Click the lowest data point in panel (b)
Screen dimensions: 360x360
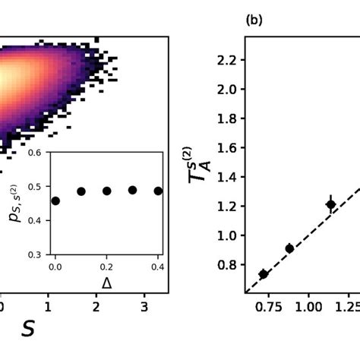tap(263, 274)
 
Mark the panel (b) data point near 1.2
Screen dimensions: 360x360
tap(330, 204)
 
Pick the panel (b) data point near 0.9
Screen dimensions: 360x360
tap(289, 248)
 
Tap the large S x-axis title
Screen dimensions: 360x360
tap(28, 328)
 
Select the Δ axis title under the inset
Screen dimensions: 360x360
tap(106, 283)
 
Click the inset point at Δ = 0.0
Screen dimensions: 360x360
tap(55, 201)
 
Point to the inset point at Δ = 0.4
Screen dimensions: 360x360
tap(158, 191)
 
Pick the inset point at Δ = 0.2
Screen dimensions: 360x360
tap(107, 191)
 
